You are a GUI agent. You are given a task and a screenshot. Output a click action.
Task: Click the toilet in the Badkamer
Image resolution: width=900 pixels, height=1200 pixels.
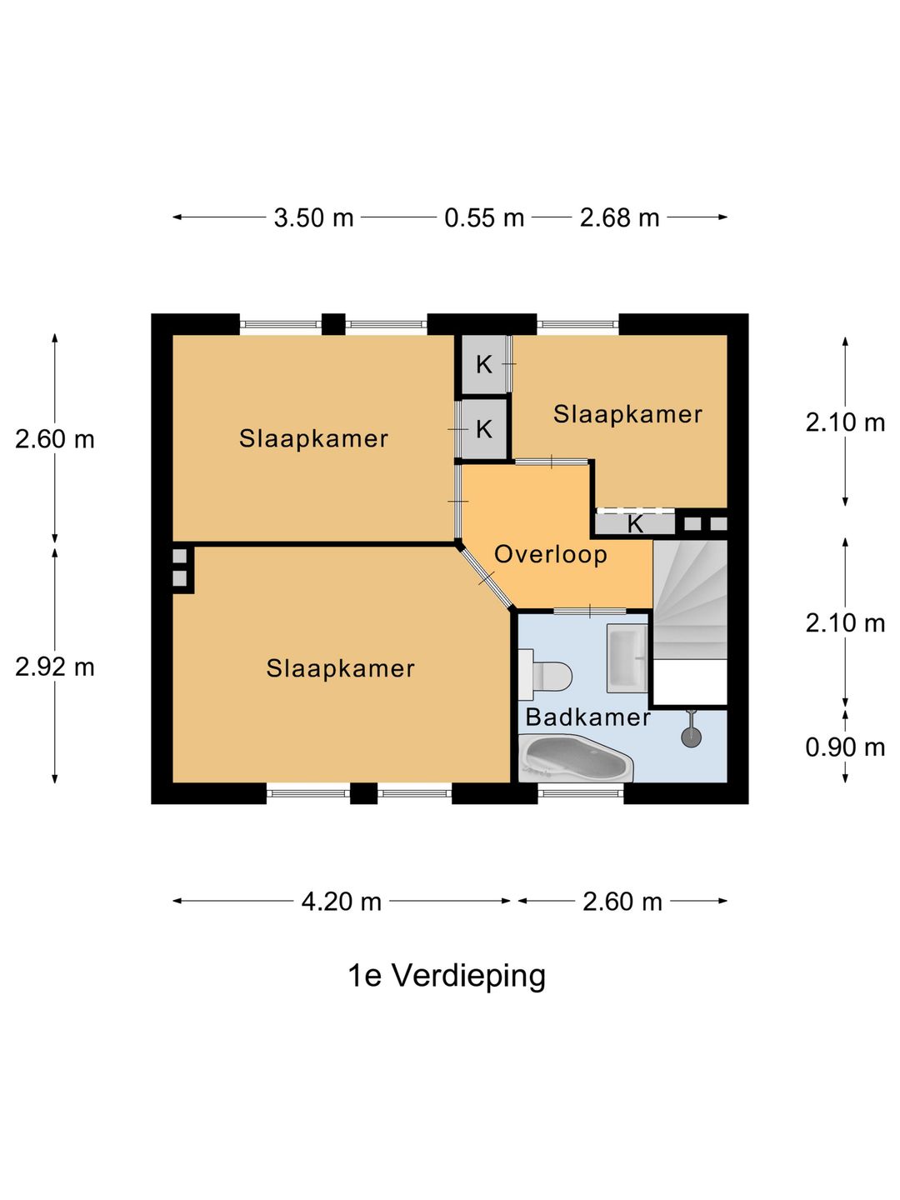pos(546,675)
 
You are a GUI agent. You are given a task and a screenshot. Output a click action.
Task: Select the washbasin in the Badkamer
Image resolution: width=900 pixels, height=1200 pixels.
pos(627,658)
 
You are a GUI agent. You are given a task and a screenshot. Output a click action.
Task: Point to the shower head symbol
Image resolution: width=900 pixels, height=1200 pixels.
pos(691,736)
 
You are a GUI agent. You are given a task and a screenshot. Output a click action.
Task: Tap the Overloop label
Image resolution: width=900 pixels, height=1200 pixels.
pos(550,554)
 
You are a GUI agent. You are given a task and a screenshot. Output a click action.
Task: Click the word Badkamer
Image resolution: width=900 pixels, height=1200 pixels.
pos(587,717)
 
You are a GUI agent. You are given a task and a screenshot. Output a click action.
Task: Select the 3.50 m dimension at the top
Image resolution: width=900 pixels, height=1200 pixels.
pos(313,217)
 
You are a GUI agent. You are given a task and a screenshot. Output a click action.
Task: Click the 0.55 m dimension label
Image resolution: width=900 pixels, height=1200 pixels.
pos(484,217)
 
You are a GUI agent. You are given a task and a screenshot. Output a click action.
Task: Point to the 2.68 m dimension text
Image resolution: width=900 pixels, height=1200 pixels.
pos(619,217)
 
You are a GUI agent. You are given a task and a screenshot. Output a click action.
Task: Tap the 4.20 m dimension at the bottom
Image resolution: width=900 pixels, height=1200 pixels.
pos(341,901)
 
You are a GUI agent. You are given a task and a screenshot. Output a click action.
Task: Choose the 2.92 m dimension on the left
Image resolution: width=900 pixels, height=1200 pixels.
pos(55,667)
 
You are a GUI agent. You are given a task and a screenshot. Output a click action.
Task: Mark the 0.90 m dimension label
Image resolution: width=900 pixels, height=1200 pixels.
pos(844,747)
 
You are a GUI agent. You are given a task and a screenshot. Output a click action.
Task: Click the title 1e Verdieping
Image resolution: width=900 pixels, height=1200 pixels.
pos(447,975)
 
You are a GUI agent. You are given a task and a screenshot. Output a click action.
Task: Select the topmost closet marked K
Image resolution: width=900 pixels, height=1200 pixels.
pos(483,364)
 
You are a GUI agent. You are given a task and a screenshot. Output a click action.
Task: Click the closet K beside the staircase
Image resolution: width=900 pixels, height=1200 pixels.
pos(635,524)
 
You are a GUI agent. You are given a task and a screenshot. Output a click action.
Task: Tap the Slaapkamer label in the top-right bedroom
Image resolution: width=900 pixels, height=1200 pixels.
pos(627,414)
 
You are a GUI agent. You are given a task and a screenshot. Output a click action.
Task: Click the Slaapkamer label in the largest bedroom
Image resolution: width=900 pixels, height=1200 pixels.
pos(340,667)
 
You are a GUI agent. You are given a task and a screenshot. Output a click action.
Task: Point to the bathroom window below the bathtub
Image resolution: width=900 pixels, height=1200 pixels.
pos(580,792)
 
